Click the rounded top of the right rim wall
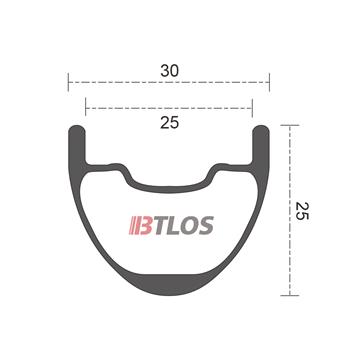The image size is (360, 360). (x=262, y=129)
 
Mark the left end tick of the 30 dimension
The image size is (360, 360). (x=68, y=81)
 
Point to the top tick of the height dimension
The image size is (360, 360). (x=289, y=126)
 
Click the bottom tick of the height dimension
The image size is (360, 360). (x=289, y=293)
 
